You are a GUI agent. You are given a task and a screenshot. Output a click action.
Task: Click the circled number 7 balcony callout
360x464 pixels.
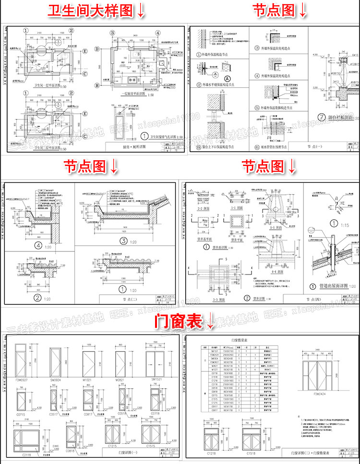[x=321, y=117]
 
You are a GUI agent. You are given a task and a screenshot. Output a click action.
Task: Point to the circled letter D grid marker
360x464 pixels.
[x=96, y=49]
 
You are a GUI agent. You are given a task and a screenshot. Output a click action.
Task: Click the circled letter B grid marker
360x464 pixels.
[x=96, y=85]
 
